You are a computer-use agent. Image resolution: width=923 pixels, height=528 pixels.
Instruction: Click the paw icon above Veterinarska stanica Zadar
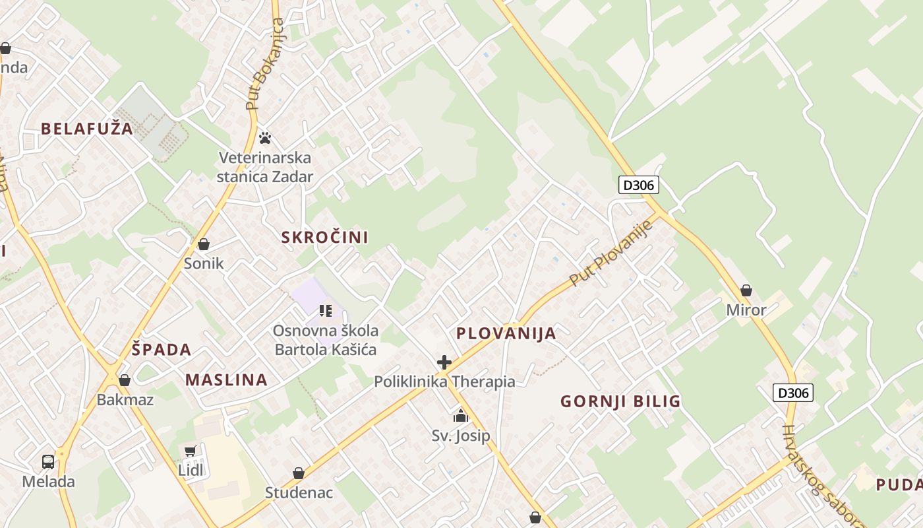click(x=265, y=138)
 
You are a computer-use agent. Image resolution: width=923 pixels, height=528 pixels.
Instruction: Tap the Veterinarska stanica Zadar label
click(x=265, y=167)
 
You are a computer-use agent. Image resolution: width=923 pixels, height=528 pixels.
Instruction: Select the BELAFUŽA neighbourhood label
click(x=87, y=129)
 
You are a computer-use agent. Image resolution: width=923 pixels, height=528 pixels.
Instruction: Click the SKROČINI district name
click(x=325, y=237)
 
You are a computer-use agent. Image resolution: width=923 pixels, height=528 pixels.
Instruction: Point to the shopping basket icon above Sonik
click(x=204, y=245)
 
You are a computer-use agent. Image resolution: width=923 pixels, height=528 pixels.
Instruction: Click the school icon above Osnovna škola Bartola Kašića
click(x=325, y=310)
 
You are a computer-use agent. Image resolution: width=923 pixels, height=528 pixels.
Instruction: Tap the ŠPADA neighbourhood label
click(x=162, y=350)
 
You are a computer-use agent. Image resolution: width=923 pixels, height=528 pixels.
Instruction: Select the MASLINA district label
click(x=226, y=379)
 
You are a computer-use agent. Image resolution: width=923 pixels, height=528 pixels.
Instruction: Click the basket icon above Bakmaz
click(x=125, y=380)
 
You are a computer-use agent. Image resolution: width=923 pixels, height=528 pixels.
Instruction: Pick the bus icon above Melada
click(x=48, y=461)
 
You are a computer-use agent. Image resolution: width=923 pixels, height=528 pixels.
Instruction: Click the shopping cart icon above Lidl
click(x=191, y=451)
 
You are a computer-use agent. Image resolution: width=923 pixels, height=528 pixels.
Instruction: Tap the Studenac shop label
click(x=299, y=492)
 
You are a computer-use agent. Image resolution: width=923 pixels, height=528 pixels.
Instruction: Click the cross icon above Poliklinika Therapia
click(x=444, y=362)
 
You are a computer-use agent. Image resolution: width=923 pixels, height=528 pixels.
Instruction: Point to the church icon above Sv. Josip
click(x=460, y=416)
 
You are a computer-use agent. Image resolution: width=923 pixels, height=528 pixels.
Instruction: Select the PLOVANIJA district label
click(x=506, y=333)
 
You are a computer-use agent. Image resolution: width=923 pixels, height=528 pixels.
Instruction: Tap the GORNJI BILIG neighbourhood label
click(x=620, y=401)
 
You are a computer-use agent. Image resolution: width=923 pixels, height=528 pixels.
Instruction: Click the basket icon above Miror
click(x=746, y=290)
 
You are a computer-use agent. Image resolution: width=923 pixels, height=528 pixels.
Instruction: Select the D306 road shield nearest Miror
click(x=792, y=393)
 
